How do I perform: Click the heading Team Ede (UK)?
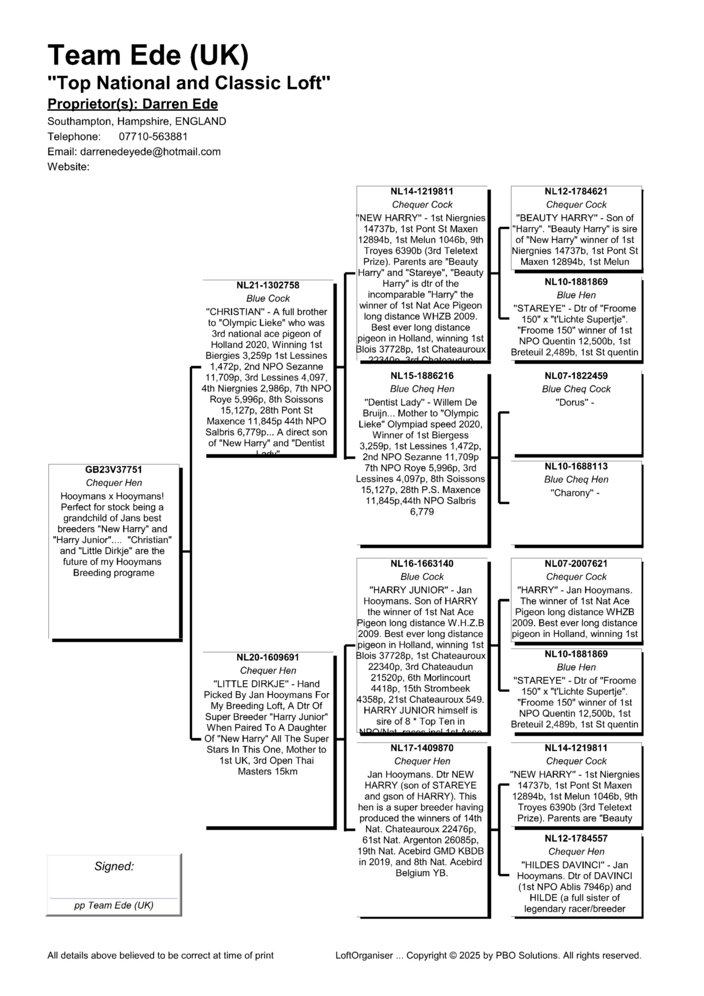click(x=148, y=56)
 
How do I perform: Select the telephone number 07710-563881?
click(x=153, y=137)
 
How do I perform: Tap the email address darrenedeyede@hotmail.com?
click(x=150, y=152)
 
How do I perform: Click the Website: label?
click(x=68, y=167)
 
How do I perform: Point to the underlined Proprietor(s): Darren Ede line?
click(x=132, y=104)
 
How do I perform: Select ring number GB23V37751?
click(x=114, y=470)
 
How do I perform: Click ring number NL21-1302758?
click(x=268, y=286)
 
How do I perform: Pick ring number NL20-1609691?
click(x=268, y=658)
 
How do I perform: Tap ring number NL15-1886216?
click(x=422, y=376)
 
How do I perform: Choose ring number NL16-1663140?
click(x=422, y=564)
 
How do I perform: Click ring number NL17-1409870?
click(x=422, y=748)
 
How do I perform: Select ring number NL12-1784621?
click(x=576, y=192)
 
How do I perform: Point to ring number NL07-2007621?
click(x=576, y=564)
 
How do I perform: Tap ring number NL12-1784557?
click(x=576, y=838)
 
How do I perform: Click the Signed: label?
click(x=114, y=866)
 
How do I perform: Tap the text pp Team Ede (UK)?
click(x=114, y=905)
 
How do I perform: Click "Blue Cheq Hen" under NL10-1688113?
click(x=576, y=480)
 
